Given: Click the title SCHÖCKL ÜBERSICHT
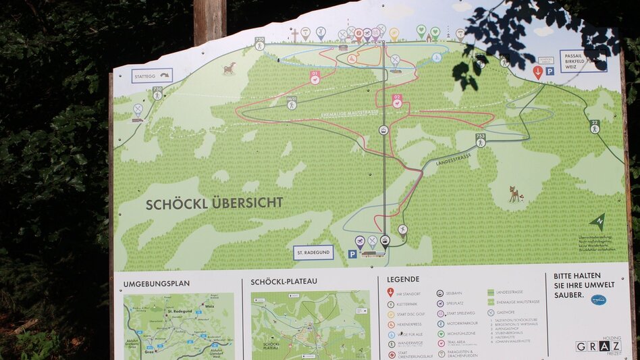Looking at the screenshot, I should coord(214,203).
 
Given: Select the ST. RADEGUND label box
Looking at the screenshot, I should coord(313,253).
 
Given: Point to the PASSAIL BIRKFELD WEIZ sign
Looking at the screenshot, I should coord(583,61).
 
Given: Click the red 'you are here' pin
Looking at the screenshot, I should coord(537,72).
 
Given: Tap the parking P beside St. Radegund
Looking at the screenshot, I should coord(352,254).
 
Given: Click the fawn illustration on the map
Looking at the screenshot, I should coord(516,195).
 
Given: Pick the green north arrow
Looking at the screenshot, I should coord(596,222).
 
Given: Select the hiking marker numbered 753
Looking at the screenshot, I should coord(480,139).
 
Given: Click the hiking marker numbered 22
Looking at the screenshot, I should coord(595,126).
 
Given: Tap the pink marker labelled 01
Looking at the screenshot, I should coord(315,77).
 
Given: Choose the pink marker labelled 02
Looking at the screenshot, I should coord(397,101).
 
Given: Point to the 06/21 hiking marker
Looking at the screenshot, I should coord(292,102).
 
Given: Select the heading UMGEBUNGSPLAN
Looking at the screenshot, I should coord(157,283).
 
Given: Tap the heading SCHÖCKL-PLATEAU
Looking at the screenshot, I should coord(284,282).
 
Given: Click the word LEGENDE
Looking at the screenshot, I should coord(403,279).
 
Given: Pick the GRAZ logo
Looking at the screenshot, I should coord(597,346).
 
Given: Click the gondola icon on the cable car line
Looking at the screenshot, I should coord(383,130).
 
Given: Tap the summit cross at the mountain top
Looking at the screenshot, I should coord(294,34).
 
